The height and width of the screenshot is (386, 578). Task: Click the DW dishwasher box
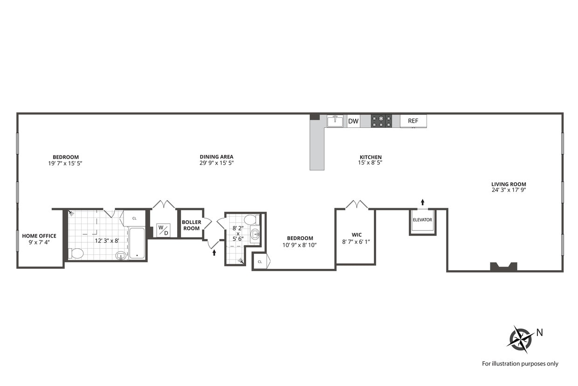[x=353, y=121]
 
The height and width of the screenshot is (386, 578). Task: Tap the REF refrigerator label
[x=413, y=121]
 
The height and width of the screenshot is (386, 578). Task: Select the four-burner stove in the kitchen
[x=381, y=121]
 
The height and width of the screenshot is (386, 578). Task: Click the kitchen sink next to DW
[x=335, y=121]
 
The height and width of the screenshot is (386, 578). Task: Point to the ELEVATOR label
[x=422, y=220]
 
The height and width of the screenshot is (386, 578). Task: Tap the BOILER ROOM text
[x=192, y=225]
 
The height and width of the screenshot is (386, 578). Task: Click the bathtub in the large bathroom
[x=137, y=243]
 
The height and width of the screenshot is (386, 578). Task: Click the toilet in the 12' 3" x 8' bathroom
[x=76, y=253]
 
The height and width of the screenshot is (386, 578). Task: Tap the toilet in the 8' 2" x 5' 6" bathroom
[x=249, y=220]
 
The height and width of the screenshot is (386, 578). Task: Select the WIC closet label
[x=357, y=235]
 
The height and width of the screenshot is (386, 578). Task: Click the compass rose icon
[x=520, y=338]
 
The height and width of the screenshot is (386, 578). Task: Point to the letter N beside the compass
[x=539, y=333]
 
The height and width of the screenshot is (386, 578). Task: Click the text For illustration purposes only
[x=520, y=364]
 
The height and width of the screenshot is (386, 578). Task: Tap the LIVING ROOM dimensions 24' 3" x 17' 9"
[x=509, y=190]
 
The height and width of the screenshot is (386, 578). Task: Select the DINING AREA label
[x=216, y=157]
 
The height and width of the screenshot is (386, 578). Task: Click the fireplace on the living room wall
[x=503, y=267]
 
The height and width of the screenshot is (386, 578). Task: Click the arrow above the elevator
[x=423, y=202]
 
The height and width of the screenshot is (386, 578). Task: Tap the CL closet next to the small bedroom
[x=260, y=261]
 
